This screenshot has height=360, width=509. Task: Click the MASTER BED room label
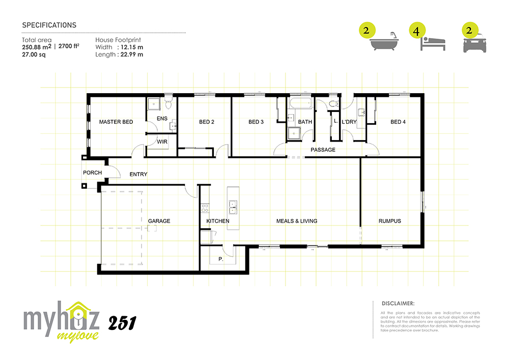point(116,122)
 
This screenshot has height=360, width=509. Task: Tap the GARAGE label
point(159,221)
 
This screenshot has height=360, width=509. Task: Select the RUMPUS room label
point(389,221)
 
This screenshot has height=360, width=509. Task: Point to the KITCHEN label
point(218,221)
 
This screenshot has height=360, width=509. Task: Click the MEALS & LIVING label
point(297,221)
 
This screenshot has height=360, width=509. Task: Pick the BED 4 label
point(398,122)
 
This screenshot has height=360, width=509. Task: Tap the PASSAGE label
point(323,150)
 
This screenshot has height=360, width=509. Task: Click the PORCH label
point(93,173)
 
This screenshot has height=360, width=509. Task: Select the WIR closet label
point(162,142)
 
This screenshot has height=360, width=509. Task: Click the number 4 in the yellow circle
point(416,31)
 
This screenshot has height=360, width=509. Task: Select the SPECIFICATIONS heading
point(49,25)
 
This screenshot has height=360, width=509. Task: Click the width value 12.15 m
point(132,47)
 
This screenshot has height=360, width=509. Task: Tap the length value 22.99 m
point(132,54)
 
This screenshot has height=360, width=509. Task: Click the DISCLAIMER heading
point(398,303)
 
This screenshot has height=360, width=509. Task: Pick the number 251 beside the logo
point(122,323)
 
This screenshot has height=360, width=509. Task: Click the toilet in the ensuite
point(168,102)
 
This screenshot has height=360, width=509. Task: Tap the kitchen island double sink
point(233,207)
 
